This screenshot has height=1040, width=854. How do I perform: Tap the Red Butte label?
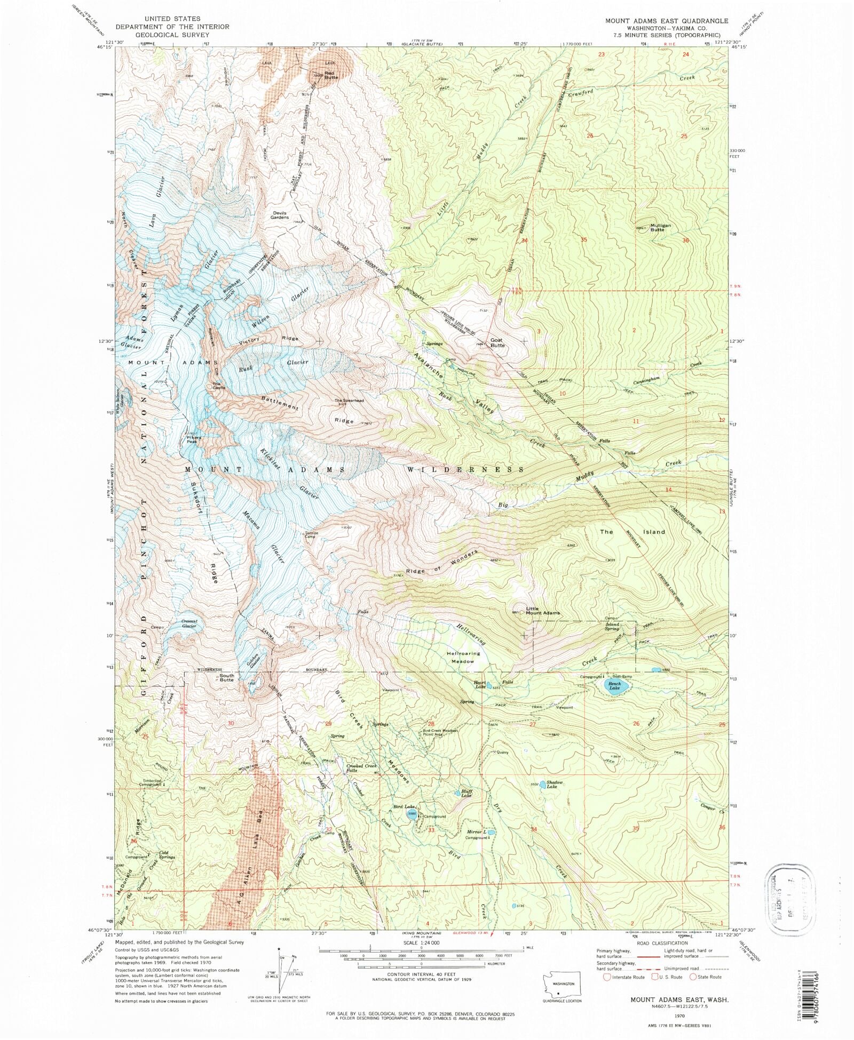click(331, 75)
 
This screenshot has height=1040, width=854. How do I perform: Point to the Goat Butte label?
click(497, 343)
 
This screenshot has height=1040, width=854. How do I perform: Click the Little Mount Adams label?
click(543, 611)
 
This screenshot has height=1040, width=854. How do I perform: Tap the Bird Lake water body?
click(412, 814)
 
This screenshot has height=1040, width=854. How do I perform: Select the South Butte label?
click(227, 678)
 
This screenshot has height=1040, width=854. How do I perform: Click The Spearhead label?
click(349, 401)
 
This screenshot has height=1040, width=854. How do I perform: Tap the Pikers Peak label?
click(192, 439)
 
